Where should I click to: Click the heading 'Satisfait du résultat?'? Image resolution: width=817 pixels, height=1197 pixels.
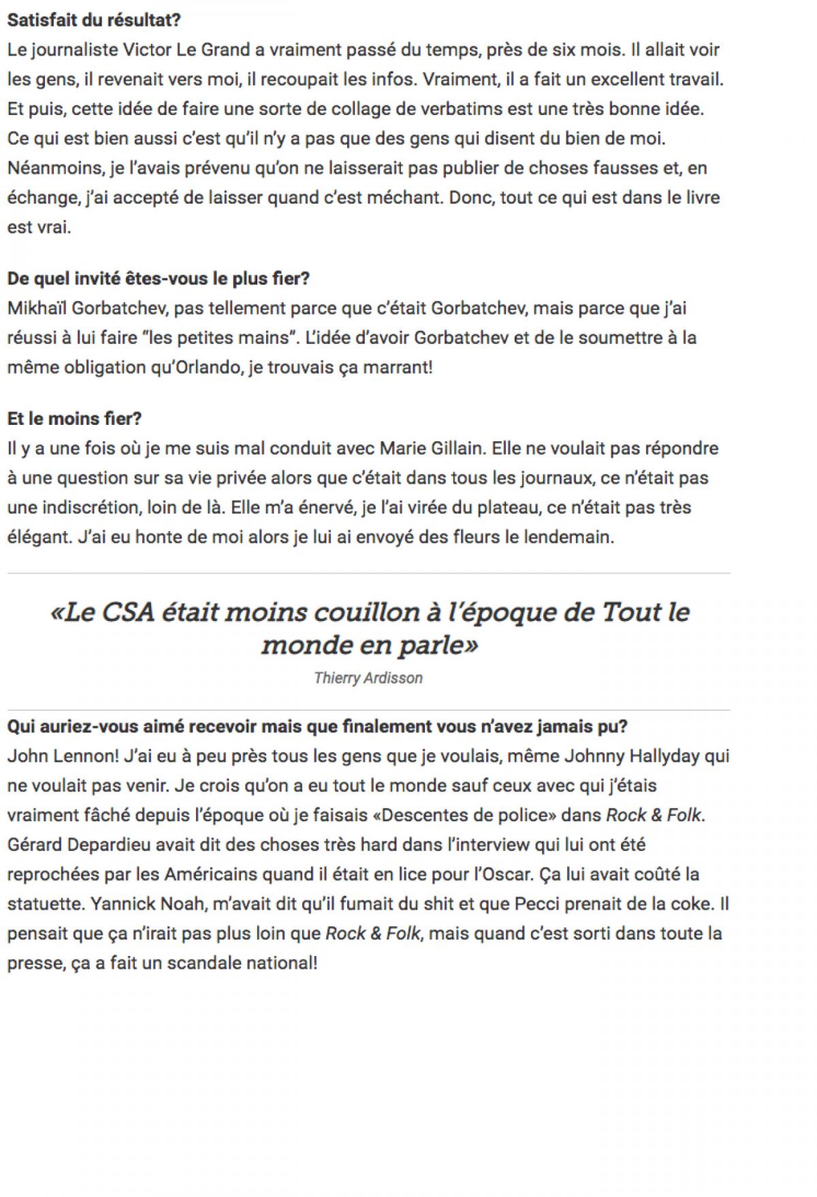coord(94,20)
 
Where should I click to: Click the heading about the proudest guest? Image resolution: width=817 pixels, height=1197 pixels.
coord(159,278)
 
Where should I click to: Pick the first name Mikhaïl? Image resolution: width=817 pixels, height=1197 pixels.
coord(36,308)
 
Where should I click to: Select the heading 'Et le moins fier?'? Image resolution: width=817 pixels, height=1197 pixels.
coord(74,419)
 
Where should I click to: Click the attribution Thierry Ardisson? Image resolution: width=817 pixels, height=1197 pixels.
coord(368,678)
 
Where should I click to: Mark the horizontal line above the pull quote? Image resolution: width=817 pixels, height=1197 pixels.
coord(368,573)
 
